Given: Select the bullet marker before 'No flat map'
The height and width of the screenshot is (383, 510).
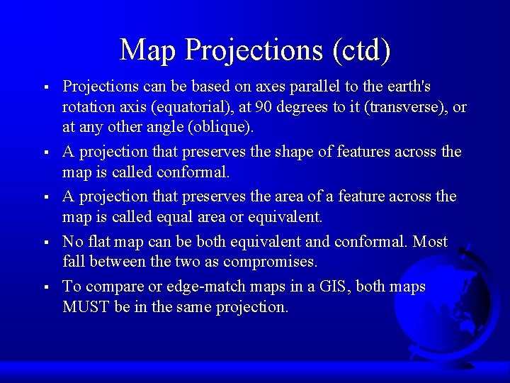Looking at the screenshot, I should (45, 243).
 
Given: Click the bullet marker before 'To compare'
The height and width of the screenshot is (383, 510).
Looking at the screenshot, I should (45, 287).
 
